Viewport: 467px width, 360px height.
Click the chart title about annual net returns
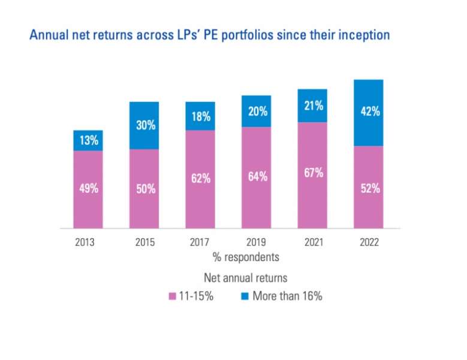209,35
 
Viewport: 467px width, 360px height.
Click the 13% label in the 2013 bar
88,142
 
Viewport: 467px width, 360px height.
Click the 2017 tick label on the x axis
201,243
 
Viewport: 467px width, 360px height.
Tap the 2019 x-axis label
256,243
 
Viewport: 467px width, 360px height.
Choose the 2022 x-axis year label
368,243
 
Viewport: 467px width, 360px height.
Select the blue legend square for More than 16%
244,296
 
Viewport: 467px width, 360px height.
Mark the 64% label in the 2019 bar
256,178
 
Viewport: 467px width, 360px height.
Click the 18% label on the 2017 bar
201,117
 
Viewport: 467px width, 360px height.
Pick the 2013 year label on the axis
88,243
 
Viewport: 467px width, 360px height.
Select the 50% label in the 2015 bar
144,189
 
